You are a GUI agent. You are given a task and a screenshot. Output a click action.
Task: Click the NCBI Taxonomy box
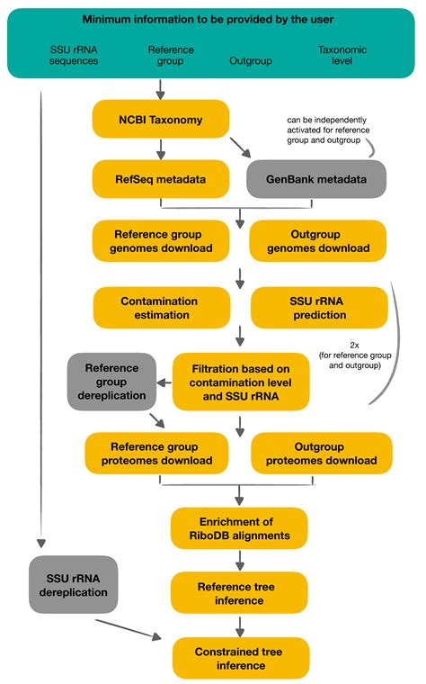coord(160,119)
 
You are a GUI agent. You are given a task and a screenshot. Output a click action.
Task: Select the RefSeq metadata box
coord(160,179)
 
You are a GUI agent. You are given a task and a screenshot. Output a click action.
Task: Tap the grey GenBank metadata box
coord(316,179)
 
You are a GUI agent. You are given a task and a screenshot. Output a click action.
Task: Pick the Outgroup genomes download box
coord(319,240)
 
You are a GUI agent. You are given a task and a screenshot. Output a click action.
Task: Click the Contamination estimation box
coord(160,307)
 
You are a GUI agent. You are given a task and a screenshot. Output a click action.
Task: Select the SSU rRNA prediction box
coord(319,307)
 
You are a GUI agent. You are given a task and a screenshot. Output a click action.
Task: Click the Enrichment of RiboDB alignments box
coord(239,528)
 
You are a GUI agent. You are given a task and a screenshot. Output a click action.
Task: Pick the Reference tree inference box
coord(239,592)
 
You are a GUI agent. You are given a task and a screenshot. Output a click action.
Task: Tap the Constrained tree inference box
coord(239,658)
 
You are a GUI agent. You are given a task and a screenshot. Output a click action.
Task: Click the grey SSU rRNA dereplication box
coord(74,585)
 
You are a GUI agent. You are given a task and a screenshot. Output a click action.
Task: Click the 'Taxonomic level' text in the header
coord(346,56)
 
